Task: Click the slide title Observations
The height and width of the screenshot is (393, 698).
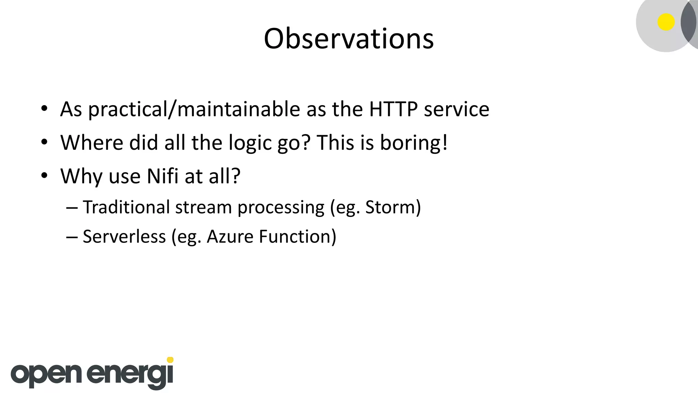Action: [x=349, y=39]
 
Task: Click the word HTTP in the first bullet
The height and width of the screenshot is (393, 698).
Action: [x=393, y=109]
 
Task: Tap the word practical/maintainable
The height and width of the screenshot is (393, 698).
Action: [x=194, y=110]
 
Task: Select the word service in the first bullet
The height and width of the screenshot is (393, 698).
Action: [x=456, y=109]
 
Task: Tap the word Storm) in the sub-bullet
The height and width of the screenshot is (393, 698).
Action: [x=393, y=207]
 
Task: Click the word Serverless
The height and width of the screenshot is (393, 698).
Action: [x=124, y=236]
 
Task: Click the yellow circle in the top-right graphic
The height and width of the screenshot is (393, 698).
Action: [x=666, y=22]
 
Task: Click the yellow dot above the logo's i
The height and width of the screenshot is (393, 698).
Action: [x=170, y=360]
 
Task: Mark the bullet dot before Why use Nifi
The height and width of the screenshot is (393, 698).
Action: [x=44, y=176]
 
